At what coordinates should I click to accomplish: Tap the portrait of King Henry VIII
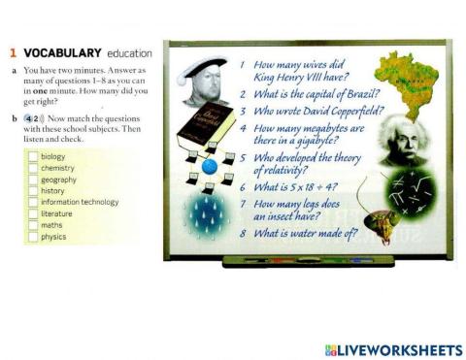(x=199, y=82)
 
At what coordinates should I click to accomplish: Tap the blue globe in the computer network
(x=210, y=166)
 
